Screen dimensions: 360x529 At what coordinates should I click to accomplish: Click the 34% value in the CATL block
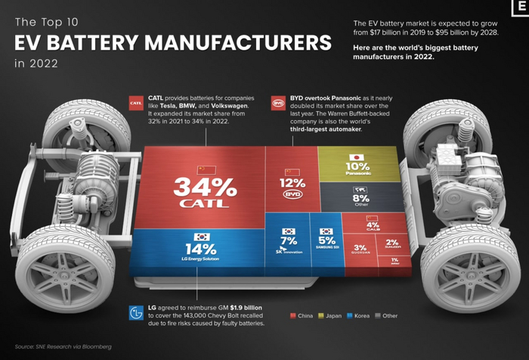(x=197, y=185)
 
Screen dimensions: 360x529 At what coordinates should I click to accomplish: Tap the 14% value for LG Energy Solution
(x=200, y=250)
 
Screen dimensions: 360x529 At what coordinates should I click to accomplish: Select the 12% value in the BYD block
(x=291, y=182)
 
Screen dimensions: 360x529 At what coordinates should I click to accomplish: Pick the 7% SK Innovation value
(x=287, y=241)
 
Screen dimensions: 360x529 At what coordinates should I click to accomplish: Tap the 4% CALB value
(x=373, y=225)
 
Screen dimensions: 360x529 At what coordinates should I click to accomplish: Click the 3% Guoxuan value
(x=360, y=247)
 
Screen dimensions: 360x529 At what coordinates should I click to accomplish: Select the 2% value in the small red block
(x=392, y=243)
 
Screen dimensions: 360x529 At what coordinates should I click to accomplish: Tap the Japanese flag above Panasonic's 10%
(x=354, y=157)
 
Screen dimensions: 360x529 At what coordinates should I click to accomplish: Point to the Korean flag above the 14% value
(x=201, y=236)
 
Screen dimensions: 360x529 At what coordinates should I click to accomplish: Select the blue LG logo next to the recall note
(x=136, y=313)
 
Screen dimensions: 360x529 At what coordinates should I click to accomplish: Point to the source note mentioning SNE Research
(x=63, y=346)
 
